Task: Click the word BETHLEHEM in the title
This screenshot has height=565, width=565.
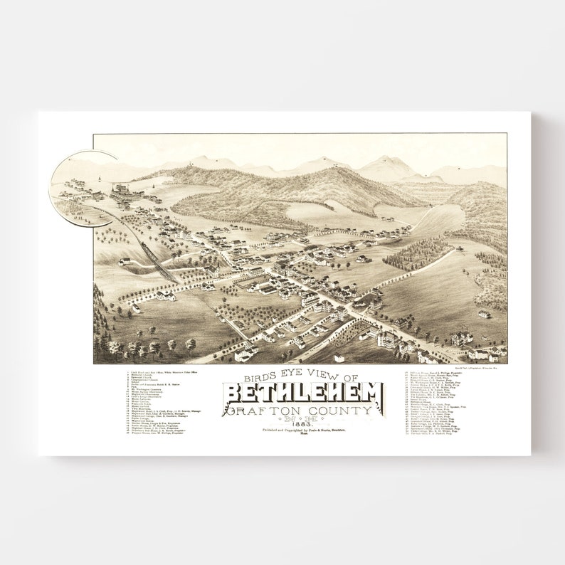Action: click(303, 394)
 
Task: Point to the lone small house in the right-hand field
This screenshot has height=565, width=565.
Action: click(483, 314)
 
